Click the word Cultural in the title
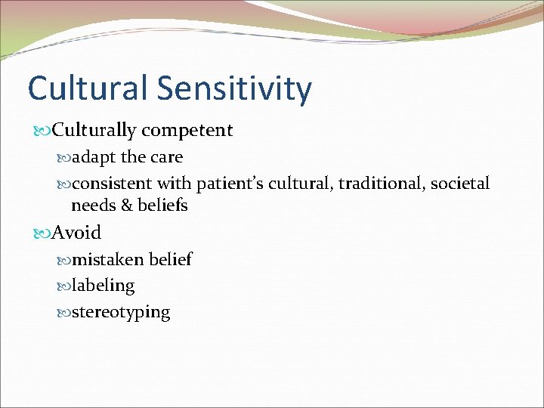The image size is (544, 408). [88, 88]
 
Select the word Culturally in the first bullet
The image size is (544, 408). [94, 131]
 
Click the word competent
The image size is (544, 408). [187, 131]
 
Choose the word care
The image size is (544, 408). [166, 157]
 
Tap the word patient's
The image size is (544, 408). [230, 184]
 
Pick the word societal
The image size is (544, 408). [460, 184]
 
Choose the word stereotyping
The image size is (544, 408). [121, 313]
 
